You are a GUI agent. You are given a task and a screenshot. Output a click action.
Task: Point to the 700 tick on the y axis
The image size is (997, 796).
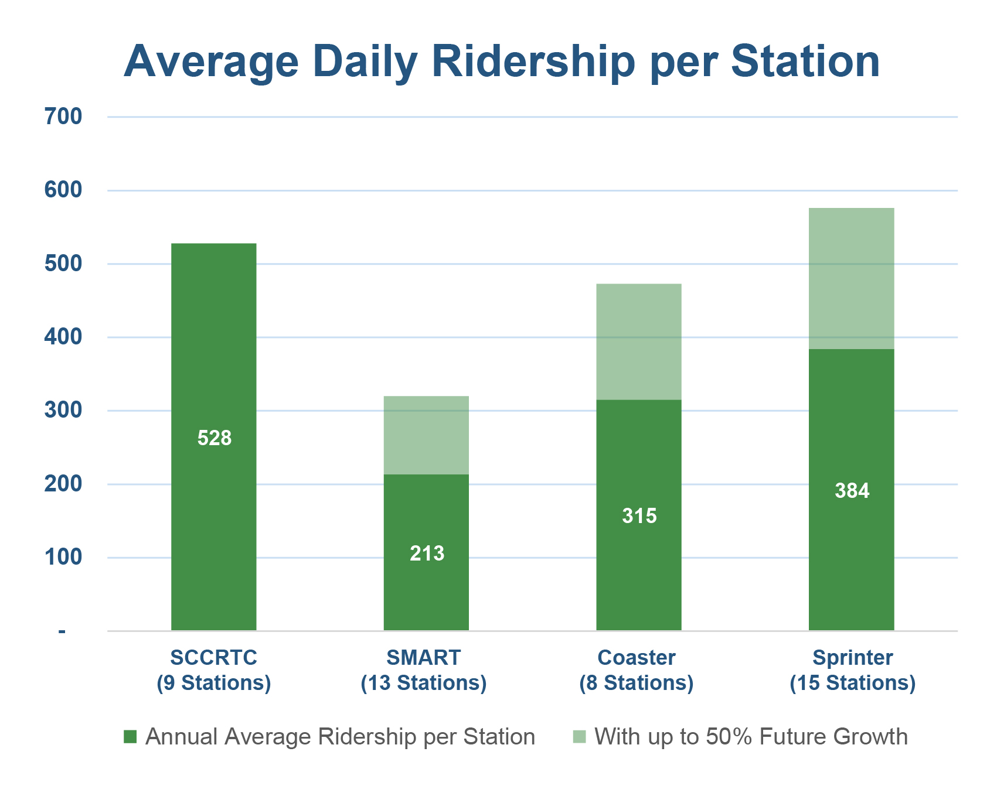click(x=63, y=117)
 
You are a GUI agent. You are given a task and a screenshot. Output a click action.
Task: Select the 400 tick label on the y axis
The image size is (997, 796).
click(x=63, y=337)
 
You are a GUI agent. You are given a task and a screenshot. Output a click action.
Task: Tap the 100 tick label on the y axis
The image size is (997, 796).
click(x=63, y=557)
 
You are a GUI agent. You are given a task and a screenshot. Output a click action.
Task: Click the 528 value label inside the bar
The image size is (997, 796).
click(x=215, y=438)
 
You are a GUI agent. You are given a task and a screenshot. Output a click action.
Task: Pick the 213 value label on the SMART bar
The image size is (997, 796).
click(x=427, y=554)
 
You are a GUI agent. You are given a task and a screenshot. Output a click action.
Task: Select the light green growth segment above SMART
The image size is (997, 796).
click(x=426, y=435)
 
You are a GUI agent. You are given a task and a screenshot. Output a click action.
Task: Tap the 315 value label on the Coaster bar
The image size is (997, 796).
click(x=639, y=516)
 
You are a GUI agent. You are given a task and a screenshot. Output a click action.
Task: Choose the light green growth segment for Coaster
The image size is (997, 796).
click(x=639, y=342)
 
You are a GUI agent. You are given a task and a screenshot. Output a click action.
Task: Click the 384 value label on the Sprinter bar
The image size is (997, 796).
click(x=852, y=491)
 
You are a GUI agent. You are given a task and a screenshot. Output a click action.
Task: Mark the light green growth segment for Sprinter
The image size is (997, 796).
click(x=852, y=279)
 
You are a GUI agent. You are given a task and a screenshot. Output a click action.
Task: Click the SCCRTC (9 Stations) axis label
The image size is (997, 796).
click(x=214, y=670)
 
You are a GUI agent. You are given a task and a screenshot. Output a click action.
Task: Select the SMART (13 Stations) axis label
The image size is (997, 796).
click(x=424, y=670)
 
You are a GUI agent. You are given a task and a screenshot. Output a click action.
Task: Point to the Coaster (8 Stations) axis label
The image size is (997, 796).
click(x=637, y=670)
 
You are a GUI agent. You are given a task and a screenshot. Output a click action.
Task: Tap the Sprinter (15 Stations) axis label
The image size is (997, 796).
click(x=853, y=670)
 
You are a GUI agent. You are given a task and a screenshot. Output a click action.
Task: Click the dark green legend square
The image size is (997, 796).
click(x=130, y=737)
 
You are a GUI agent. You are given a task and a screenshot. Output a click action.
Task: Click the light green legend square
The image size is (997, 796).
click(x=579, y=737)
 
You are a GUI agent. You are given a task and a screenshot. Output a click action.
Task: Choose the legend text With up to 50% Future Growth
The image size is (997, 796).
click(x=751, y=737)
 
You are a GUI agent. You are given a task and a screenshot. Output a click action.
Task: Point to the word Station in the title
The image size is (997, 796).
click(x=805, y=62)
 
